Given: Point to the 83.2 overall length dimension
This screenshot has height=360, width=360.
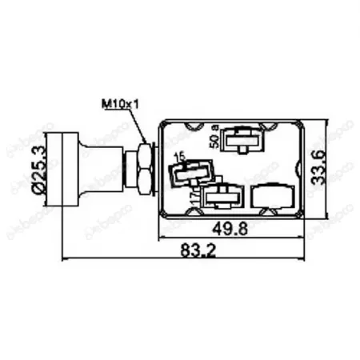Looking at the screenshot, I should (x=185, y=251).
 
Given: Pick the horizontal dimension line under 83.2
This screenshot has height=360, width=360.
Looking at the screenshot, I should (x=185, y=259).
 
